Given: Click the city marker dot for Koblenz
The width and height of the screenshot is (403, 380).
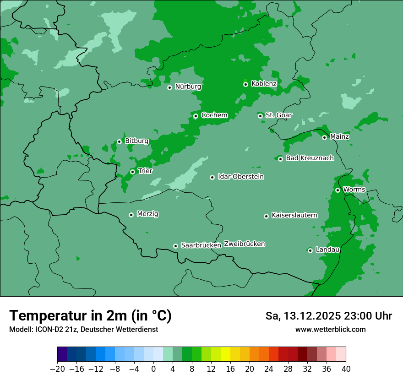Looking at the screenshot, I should coord(246,84).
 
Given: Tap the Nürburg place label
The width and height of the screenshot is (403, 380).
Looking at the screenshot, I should coord(188,87).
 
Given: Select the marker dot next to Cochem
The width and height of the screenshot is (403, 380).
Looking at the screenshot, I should coord(196,116).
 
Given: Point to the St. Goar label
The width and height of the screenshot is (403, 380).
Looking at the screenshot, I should coord(278,115).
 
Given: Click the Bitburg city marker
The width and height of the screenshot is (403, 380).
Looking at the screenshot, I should coord(119,141).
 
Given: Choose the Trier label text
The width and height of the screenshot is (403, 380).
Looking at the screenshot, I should coord(145,171).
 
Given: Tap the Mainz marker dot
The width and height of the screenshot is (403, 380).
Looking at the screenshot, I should coord(324,137).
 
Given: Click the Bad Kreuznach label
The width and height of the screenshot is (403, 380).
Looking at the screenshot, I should coord(310,158).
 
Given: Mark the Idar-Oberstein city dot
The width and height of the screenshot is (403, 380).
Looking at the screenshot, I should coord(212,177).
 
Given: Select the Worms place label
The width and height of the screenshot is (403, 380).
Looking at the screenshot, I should coord(354,189).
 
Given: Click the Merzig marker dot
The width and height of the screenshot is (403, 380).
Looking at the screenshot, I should coord(131,215).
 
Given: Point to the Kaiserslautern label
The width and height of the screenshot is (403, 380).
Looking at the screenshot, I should coord(294,215).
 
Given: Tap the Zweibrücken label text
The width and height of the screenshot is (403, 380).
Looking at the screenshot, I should coord(244,244).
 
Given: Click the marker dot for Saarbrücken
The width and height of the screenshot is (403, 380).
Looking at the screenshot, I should coord(175,246).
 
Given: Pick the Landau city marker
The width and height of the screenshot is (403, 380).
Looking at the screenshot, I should coord(310,250).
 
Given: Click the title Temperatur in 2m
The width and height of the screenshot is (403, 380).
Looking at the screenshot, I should coord(90,315).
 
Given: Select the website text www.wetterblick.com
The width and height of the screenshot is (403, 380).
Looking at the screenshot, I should coord(330,329).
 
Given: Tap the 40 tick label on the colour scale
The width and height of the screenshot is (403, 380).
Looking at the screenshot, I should coord(346,369).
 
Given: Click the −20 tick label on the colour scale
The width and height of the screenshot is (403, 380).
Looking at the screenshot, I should coord(57,369).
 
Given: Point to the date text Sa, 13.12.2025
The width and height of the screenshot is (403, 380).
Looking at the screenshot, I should coord(302,316).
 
